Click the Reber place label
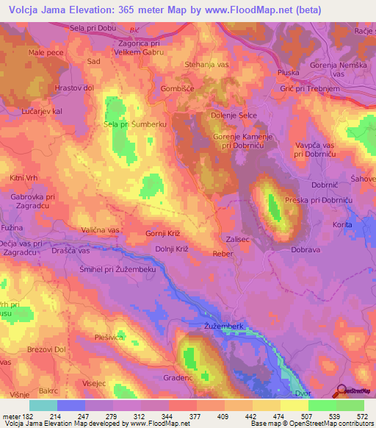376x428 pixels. tap(222, 253)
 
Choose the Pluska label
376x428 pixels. tap(289, 73)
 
